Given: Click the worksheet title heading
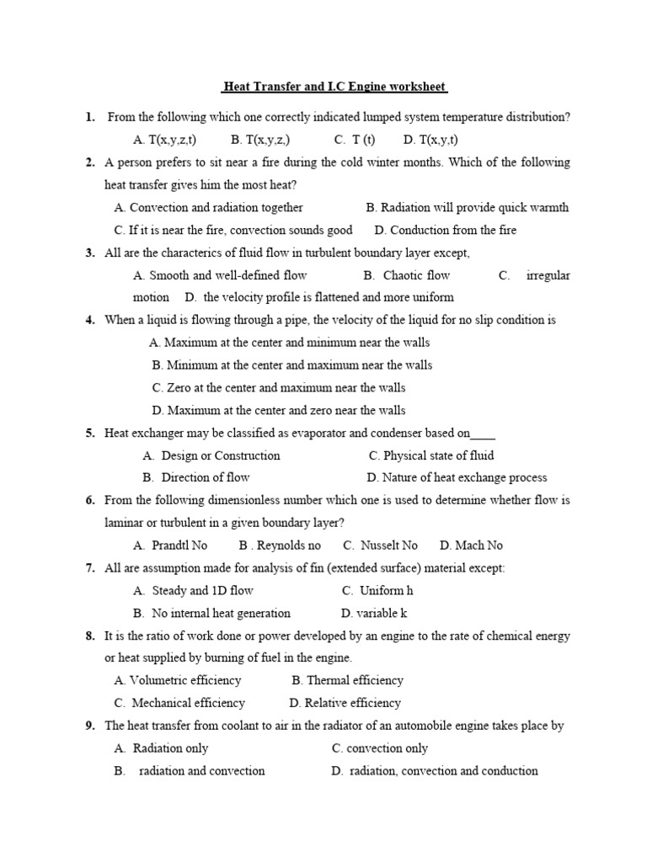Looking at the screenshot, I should (x=334, y=87).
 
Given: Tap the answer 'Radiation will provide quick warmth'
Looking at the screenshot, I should (x=468, y=207).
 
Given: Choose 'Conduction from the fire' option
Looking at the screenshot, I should (x=446, y=230).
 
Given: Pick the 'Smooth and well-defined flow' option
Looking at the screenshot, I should (x=220, y=275).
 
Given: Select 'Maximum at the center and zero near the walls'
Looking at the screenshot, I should (x=278, y=411).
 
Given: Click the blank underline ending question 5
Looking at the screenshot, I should (x=483, y=434).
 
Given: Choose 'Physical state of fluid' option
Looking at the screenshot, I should (x=431, y=455).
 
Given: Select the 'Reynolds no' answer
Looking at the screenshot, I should (x=280, y=545).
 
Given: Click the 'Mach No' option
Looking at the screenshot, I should (x=471, y=545).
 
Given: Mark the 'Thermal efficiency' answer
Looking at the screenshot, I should (x=347, y=680).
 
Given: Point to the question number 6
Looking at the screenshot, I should (x=89, y=501).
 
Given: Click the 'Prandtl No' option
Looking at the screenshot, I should (x=170, y=545).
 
